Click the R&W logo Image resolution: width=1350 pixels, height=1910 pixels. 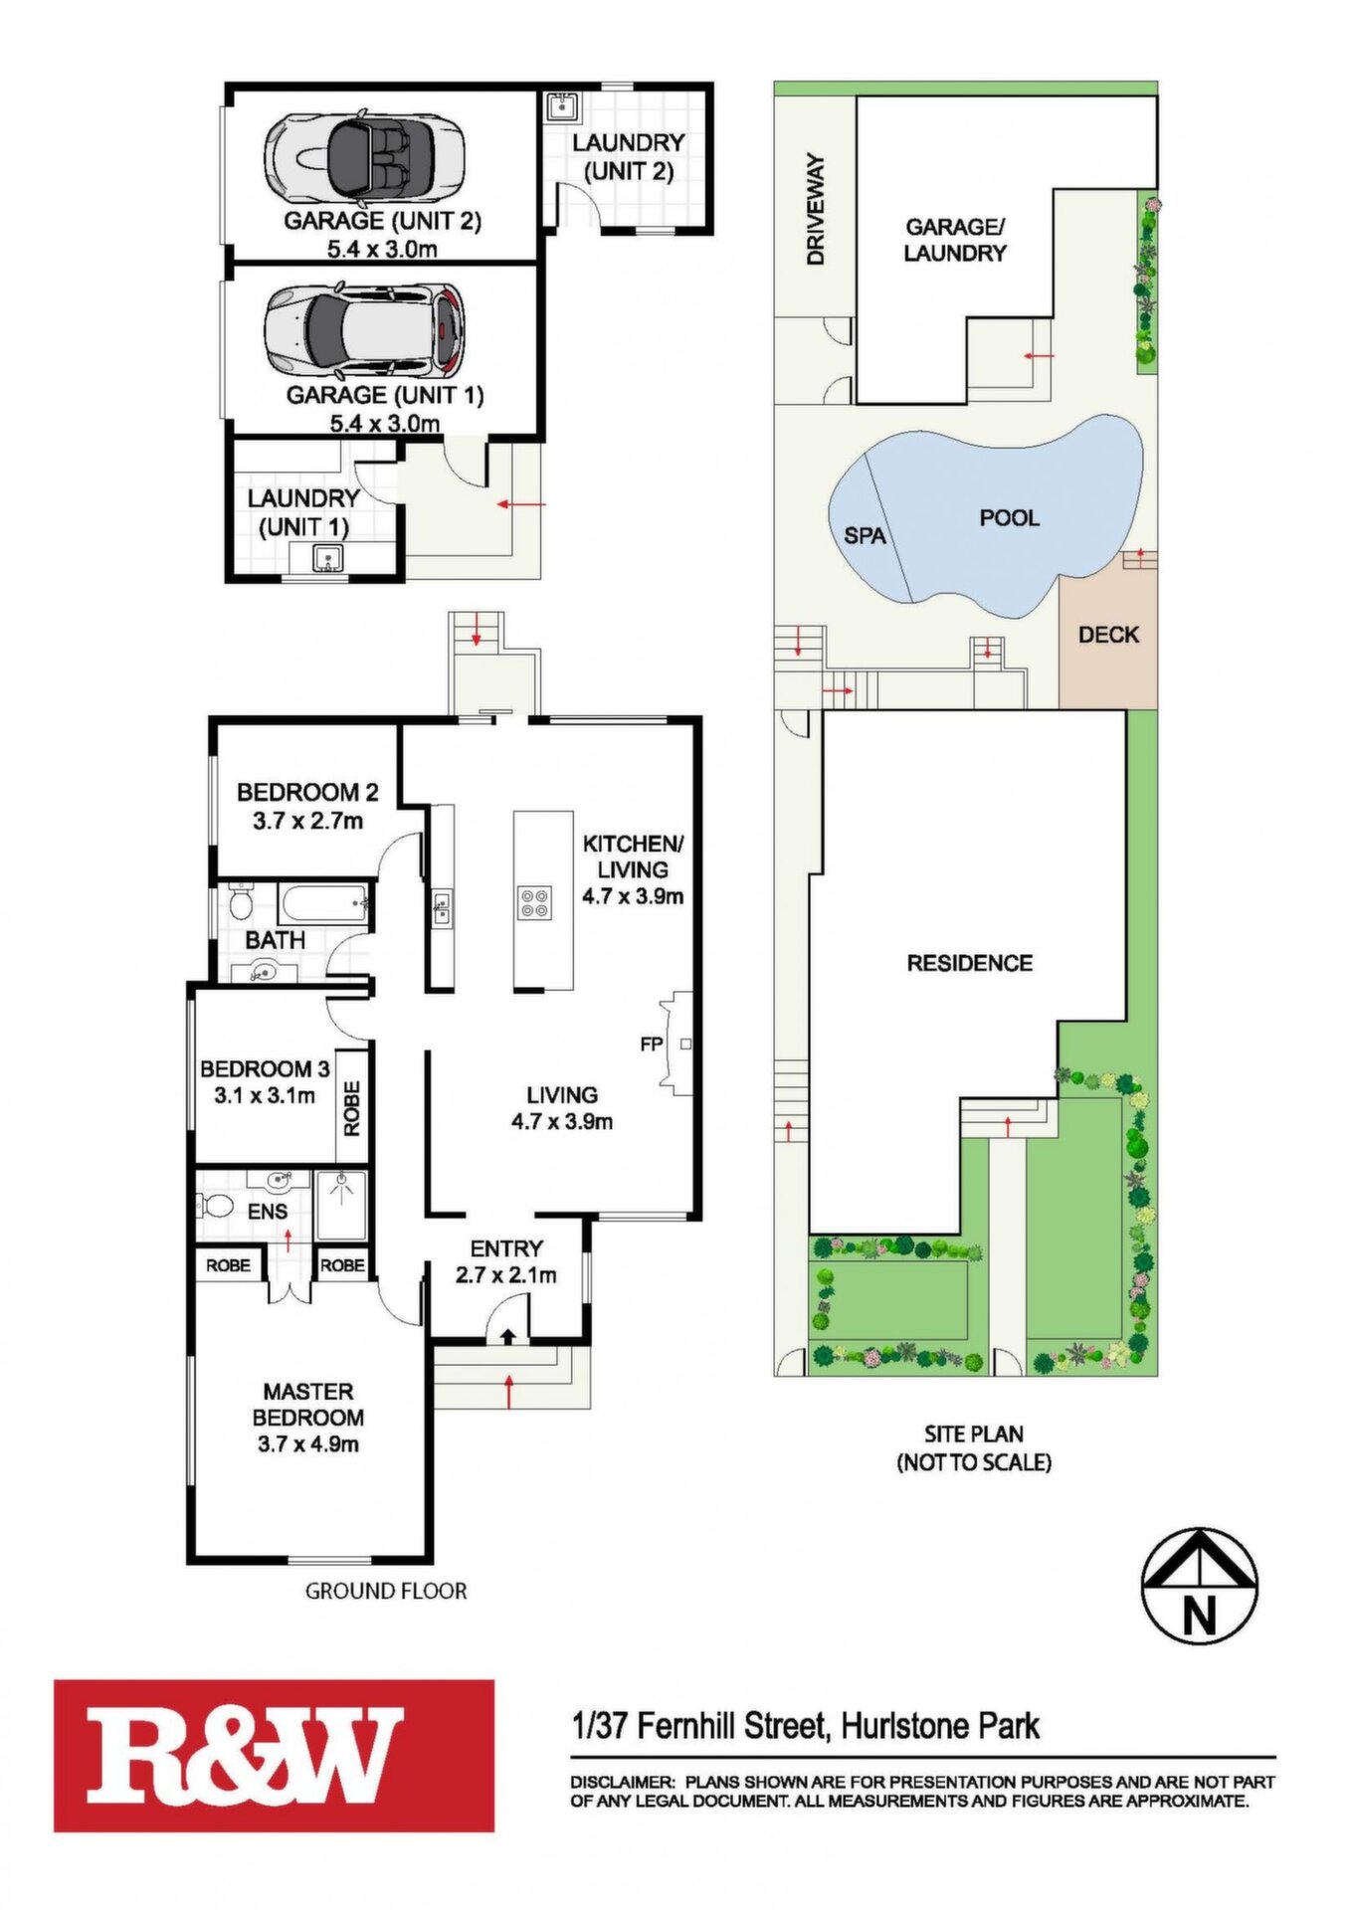tap(274, 1757)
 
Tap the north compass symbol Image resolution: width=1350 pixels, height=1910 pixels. tap(1200, 1586)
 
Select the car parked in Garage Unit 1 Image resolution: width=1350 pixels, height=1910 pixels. tap(364, 330)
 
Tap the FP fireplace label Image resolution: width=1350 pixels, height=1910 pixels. tap(652, 1045)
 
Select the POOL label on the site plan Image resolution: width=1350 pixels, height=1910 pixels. tap(1009, 517)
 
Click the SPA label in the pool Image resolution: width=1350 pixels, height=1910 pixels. tap(865, 535)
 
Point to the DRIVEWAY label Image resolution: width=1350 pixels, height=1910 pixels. tap(816, 209)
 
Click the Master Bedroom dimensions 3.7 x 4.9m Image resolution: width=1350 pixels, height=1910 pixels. tap(308, 1444)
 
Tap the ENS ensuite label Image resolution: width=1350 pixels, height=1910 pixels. tap(268, 1212)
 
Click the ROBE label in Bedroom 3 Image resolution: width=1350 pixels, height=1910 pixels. tap(352, 1108)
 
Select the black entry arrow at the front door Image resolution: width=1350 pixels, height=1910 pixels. tap(507, 1336)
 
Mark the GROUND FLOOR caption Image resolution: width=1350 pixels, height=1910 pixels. tap(386, 1592)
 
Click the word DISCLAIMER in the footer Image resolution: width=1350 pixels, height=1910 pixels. tap(622, 1782)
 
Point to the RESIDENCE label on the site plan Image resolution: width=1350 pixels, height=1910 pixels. tap(969, 963)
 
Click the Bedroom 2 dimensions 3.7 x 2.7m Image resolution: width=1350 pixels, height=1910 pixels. tap(307, 821)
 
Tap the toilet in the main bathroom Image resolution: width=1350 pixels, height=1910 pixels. tap(240, 903)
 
